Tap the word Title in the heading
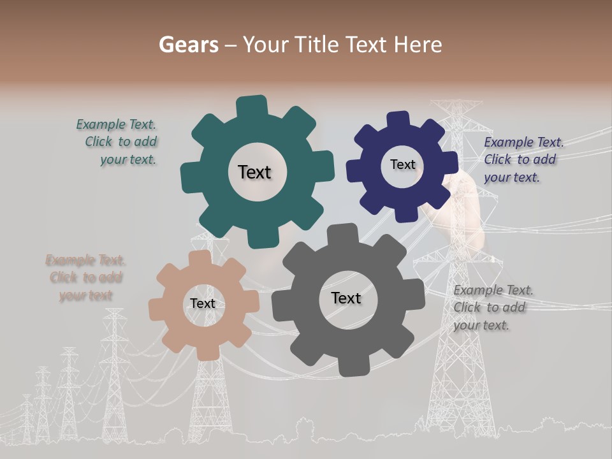tap(319, 45)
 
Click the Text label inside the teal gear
tap(254, 172)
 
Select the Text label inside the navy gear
tap(402, 164)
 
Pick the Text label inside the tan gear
tap(203, 303)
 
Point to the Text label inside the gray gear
tap(346, 298)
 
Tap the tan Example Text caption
tap(85, 278)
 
